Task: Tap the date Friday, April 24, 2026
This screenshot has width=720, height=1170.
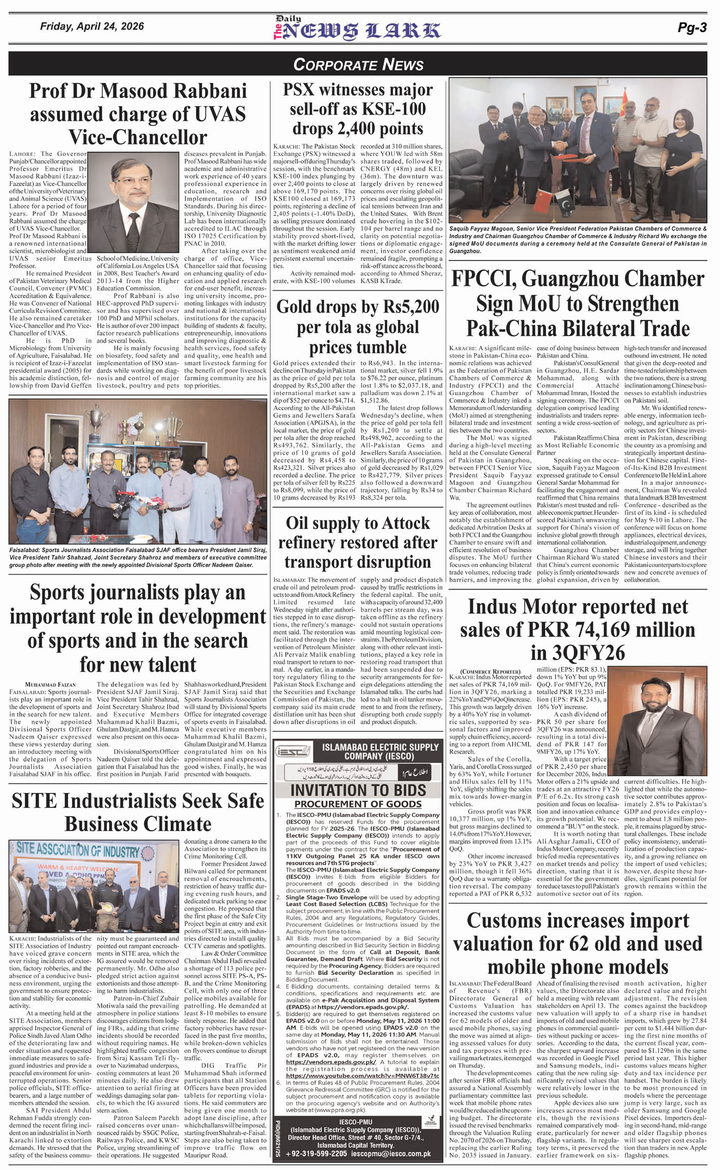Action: (x=92, y=26)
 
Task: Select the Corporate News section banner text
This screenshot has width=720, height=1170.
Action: (x=358, y=64)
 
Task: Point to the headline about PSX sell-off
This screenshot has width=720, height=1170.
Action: (x=358, y=109)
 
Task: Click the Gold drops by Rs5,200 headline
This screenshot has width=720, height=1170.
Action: (x=358, y=327)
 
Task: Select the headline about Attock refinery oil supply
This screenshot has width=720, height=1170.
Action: (x=358, y=542)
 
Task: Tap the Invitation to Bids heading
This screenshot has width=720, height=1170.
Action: (x=358, y=790)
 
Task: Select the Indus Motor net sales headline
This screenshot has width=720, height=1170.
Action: (x=578, y=630)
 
